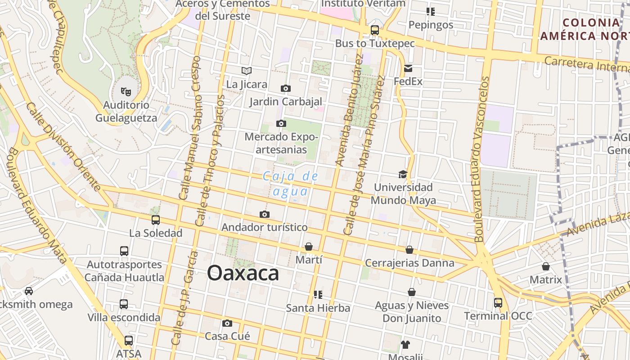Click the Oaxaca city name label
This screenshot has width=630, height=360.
coord(243,273)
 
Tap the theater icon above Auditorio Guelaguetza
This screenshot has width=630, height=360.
coord(126,91)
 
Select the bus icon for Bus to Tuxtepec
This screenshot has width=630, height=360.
coord(374,30)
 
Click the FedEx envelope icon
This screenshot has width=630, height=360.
coord(408,68)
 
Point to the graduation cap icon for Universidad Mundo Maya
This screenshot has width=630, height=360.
coord(403,174)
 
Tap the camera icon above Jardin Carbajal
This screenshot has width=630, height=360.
coord(285,88)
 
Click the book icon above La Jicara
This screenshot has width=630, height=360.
coord(247,71)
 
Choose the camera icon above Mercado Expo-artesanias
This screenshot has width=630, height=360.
coord(281,123)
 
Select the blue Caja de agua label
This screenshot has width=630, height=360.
coord(291,184)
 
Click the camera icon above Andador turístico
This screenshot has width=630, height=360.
coord(265,214)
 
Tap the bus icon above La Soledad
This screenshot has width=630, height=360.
coord(156,220)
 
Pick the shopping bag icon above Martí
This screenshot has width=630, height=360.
coord(309,247)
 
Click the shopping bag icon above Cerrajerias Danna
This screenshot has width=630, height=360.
coord(409,249)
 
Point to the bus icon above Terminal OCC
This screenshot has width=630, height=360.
coord(498,302)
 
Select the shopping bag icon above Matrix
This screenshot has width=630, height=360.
coord(546,266)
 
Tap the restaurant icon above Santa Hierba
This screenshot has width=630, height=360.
coord(318,295)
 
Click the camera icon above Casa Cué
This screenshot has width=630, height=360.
coord(227,323)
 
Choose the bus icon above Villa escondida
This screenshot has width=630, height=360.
coord(124,304)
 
